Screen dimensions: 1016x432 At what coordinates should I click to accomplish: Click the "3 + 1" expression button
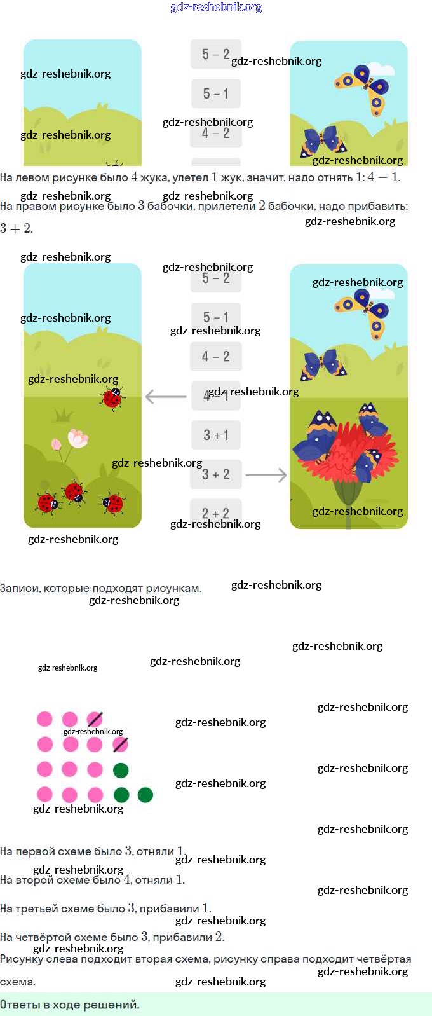coord(216,436)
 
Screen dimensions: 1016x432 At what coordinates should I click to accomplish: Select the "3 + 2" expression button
coord(216,474)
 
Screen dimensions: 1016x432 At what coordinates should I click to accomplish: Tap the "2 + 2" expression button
coord(216,512)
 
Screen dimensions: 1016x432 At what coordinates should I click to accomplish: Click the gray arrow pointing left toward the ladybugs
coord(166,397)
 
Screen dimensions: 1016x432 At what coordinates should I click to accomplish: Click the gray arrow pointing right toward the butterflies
coord(266,475)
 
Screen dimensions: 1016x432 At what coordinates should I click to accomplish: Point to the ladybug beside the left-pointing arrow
coord(112,398)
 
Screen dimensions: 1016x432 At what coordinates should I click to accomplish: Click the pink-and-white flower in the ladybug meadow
coord(78,438)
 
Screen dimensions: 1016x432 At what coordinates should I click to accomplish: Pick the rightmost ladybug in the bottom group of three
coord(112,503)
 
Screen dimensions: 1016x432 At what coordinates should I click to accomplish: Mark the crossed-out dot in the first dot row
coord(95,719)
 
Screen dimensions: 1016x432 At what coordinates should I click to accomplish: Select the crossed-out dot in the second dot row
coord(120,744)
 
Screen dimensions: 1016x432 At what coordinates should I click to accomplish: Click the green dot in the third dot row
coord(121,771)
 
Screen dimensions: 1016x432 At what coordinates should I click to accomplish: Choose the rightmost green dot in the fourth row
coord(145,795)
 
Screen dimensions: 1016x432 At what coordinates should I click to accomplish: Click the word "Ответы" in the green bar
coord(20,1005)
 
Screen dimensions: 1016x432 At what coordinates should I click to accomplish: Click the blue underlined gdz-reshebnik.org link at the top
coord(216,7)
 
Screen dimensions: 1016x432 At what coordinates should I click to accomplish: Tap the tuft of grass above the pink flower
coord(62,416)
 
